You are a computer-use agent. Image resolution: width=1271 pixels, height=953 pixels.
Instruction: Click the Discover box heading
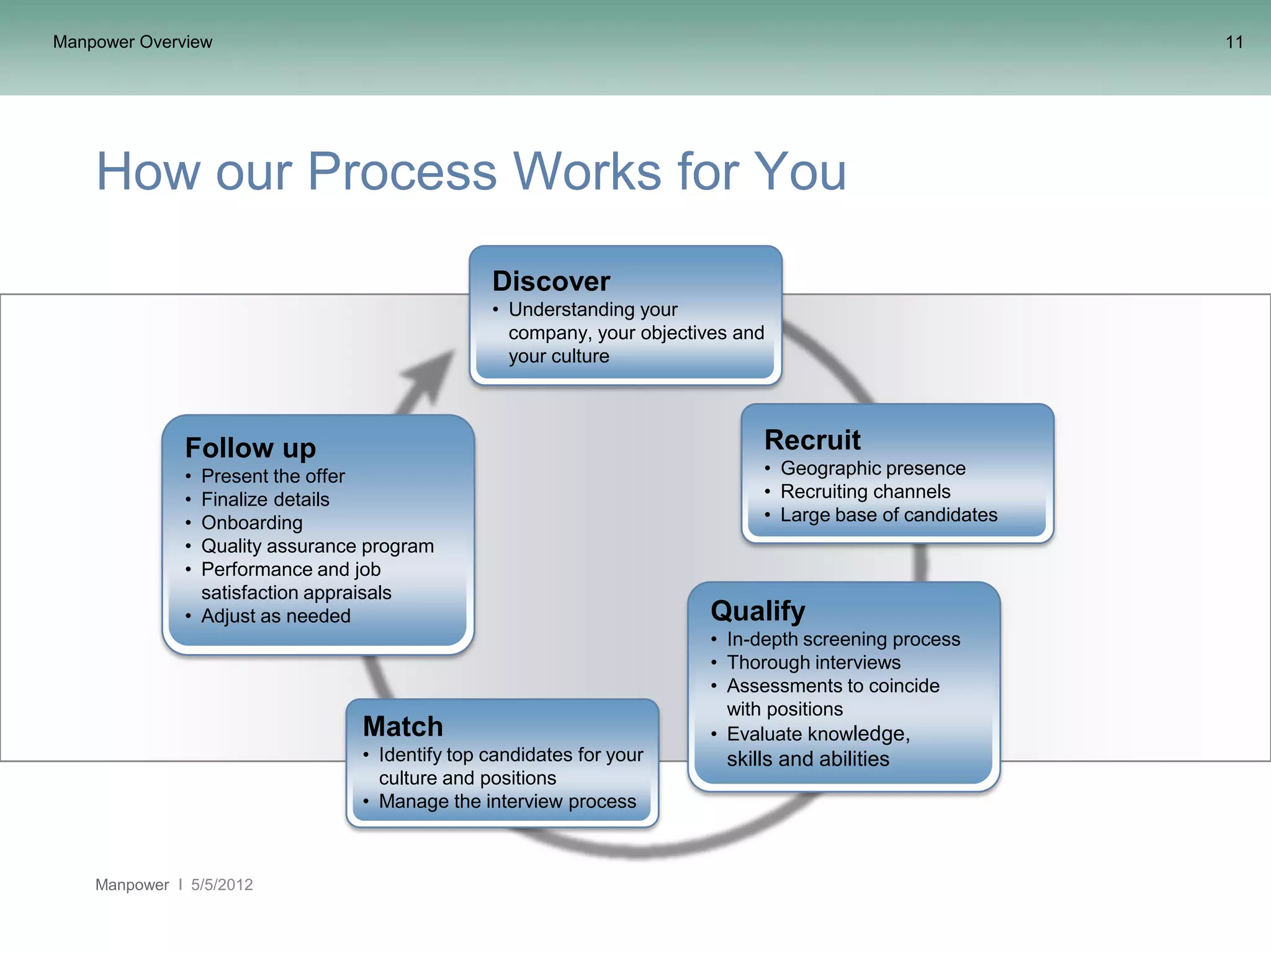[x=551, y=282]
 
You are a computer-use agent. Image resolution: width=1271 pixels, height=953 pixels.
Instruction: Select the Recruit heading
[x=812, y=441]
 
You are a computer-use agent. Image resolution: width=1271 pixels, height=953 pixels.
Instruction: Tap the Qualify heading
[x=758, y=611]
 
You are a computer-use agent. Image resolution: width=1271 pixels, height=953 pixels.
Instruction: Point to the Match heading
[x=403, y=727]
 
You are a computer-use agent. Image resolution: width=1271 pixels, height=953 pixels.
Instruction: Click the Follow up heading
[x=250, y=448]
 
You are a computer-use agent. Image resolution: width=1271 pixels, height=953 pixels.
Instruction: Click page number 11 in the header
[x=1234, y=42]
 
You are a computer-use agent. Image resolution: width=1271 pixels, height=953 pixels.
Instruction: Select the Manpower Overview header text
[x=132, y=42]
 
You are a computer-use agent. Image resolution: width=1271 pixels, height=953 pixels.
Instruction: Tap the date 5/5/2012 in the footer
[x=222, y=885]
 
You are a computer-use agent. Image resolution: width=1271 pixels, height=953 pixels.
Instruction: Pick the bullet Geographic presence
[x=873, y=468]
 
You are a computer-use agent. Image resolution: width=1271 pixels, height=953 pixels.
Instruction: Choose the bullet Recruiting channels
[x=865, y=492]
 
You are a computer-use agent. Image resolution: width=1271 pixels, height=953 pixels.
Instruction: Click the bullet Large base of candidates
[x=889, y=515]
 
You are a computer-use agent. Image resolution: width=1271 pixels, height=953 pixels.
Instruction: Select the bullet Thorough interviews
[x=814, y=663]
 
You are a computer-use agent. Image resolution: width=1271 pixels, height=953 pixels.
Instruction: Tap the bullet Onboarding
[x=252, y=523]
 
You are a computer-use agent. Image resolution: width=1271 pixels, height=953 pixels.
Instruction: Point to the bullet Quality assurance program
[x=317, y=547]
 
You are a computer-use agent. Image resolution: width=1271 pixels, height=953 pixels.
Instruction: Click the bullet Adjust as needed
[x=276, y=616]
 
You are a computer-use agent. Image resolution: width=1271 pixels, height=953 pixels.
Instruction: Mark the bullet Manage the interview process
[x=507, y=802]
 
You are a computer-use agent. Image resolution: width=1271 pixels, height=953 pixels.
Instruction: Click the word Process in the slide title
[x=402, y=172]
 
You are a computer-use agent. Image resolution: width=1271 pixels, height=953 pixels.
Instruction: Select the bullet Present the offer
[x=273, y=476]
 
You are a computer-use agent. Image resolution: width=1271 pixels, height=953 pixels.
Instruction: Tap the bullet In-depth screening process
[x=843, y=640]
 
